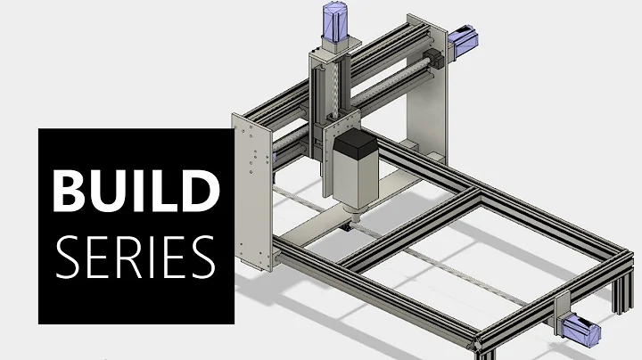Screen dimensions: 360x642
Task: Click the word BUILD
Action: coord(134,190)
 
